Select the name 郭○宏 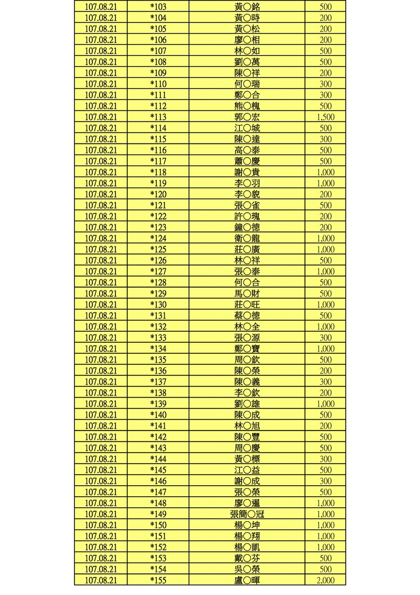click(247, 117)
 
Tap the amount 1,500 click(325, 117)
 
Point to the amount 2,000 click(325, 580)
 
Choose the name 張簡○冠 click(247, 514)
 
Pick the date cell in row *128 click(101, 282)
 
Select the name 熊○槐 click(247, 106)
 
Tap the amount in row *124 click(325, 238)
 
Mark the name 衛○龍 click(247, 238)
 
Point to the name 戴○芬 click(247, 558)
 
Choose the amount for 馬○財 click(325, 293)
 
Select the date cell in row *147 click(101, 492)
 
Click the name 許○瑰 click(247, 216)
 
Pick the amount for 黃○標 click(325, 459)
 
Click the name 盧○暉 click(247, 580)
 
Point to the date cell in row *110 click(101, 84)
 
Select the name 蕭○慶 click(247, 161)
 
